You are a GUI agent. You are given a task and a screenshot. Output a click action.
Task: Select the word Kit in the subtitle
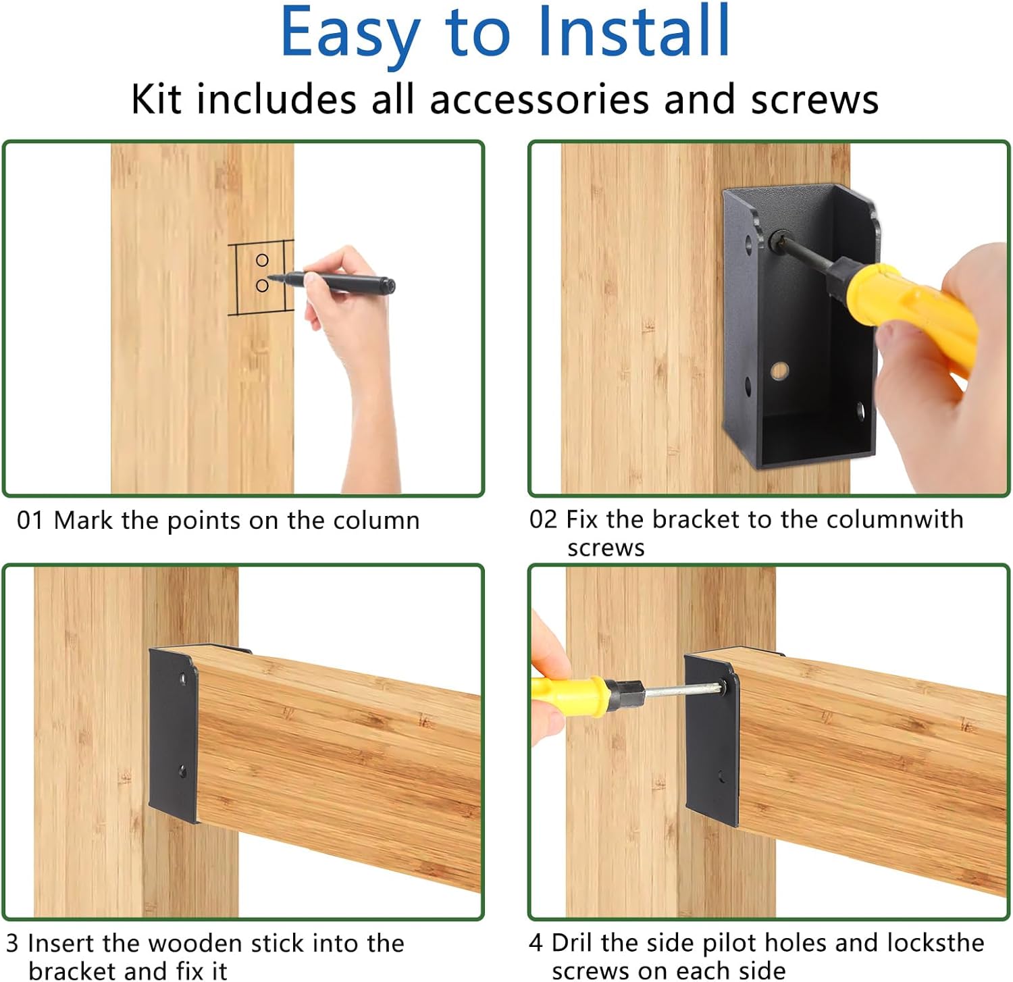point(156,99)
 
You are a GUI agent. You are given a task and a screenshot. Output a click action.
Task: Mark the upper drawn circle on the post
point(262,260)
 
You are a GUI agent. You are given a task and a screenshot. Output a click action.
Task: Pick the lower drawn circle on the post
point(262,286)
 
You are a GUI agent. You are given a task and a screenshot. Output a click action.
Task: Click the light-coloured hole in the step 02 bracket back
point(779,370)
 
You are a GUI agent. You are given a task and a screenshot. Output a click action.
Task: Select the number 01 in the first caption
point(30,520)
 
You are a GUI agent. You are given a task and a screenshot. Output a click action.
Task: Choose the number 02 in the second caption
point(543,519)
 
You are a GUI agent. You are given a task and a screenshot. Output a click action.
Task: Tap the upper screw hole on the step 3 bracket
point(182,677)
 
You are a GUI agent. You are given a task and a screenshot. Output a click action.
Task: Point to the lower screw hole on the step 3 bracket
point(182,770)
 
